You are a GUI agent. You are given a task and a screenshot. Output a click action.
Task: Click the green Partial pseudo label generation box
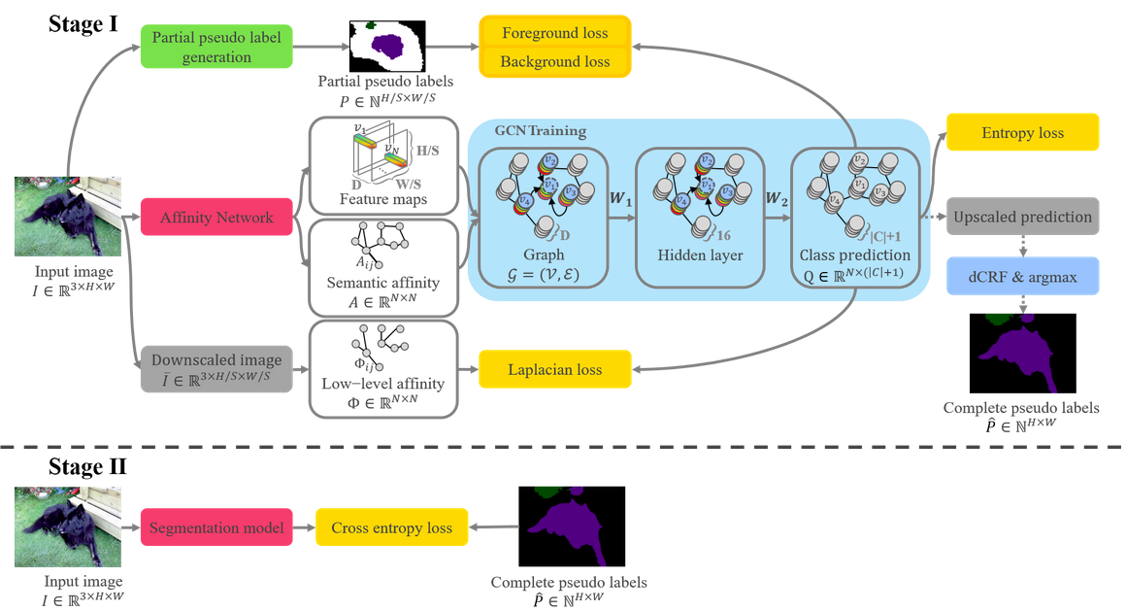[x=215, y=48]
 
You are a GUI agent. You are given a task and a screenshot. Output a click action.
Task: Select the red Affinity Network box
[x=215, y=219]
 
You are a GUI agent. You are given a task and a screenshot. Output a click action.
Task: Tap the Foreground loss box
[x=555, y=33]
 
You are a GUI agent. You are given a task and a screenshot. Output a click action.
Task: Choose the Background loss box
[x=555, y=62]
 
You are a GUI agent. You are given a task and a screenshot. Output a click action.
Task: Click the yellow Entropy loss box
[x=1022, y=133]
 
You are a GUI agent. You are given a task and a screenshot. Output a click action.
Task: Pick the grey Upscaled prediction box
[x=1022, y=217]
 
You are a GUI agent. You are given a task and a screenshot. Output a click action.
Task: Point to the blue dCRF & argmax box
[x=1022, y=277]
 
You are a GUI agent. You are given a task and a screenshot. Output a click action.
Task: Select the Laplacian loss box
[x=555, y=369]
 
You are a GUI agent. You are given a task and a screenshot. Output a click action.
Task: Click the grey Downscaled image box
[x=215, y=370]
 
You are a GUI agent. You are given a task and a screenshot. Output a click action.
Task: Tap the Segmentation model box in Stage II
[x=215, y=527]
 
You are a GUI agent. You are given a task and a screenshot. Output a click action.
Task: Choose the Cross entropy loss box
[x=392, y=527]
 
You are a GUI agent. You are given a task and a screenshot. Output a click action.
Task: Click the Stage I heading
[x=83, y=24]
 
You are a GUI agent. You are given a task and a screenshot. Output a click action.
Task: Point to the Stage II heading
[x=87, y=467]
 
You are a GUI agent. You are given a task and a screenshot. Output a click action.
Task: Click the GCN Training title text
[x=541, y=131]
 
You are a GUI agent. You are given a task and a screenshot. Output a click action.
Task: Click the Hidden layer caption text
[x=695, y=255]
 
